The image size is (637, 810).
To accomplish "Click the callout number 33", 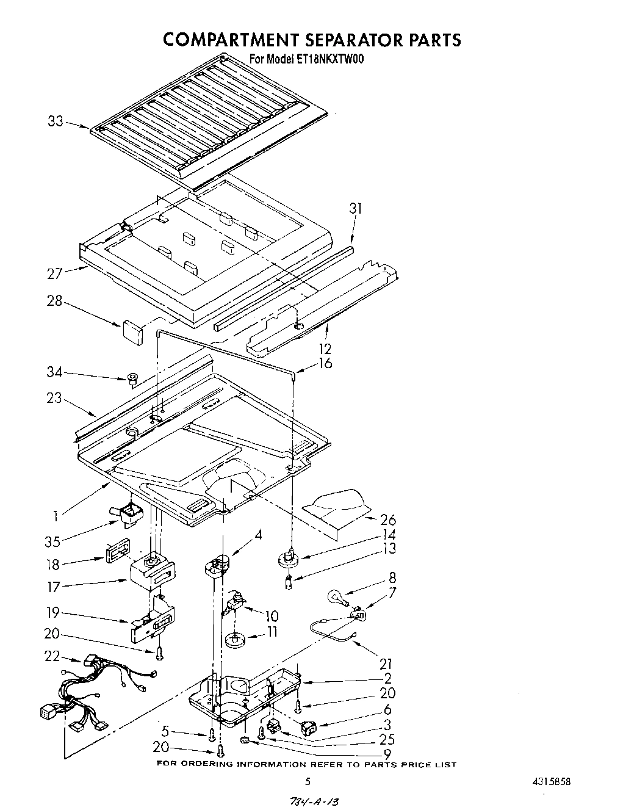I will click(x=55, y=121).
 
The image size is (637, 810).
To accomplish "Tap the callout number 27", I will click(x=55, y=273).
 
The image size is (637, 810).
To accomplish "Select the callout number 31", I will click(x=356, y=209).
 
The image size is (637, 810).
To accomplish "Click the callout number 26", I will click(x=388, y=520).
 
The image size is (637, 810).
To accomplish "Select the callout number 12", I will click(x=325, y=349).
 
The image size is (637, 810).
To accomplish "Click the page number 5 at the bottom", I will click(x=308, y=782).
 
